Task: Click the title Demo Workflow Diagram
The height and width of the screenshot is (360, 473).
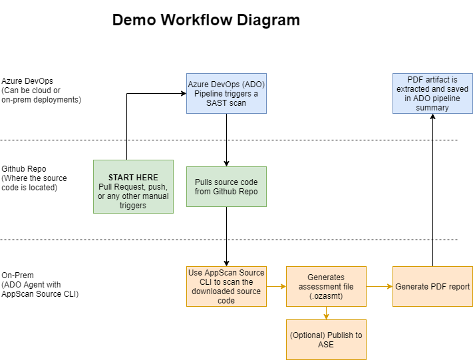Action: pos(206,20)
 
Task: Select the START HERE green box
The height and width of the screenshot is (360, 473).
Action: pos(133,186)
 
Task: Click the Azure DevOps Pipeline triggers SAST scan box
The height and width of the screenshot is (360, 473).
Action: pos(226,93)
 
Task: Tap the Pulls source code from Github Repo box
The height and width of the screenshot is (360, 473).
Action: pos(226,186)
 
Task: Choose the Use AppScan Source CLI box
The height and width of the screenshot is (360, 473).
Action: pos(226,286)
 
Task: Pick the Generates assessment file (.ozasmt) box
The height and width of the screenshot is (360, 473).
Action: pos(326,286)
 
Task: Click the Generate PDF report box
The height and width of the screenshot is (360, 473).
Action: pos(432,286)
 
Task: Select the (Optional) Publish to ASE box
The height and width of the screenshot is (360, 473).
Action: pos(326,339)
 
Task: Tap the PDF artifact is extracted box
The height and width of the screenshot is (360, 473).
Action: pos(432,93)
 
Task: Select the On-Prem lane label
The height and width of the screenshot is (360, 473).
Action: pos(40,284)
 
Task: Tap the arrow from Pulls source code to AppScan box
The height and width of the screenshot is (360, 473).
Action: pos(226,236)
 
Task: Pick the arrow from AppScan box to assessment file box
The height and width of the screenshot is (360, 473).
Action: pos(276,287)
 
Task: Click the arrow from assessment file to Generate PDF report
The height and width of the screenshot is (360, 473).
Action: pos(379,287)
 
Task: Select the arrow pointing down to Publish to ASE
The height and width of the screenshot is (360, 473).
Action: pos(326,313)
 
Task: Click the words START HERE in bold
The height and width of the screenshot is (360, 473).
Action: pos(133,178)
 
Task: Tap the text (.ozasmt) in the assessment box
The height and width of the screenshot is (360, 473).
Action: pos(326,296)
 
